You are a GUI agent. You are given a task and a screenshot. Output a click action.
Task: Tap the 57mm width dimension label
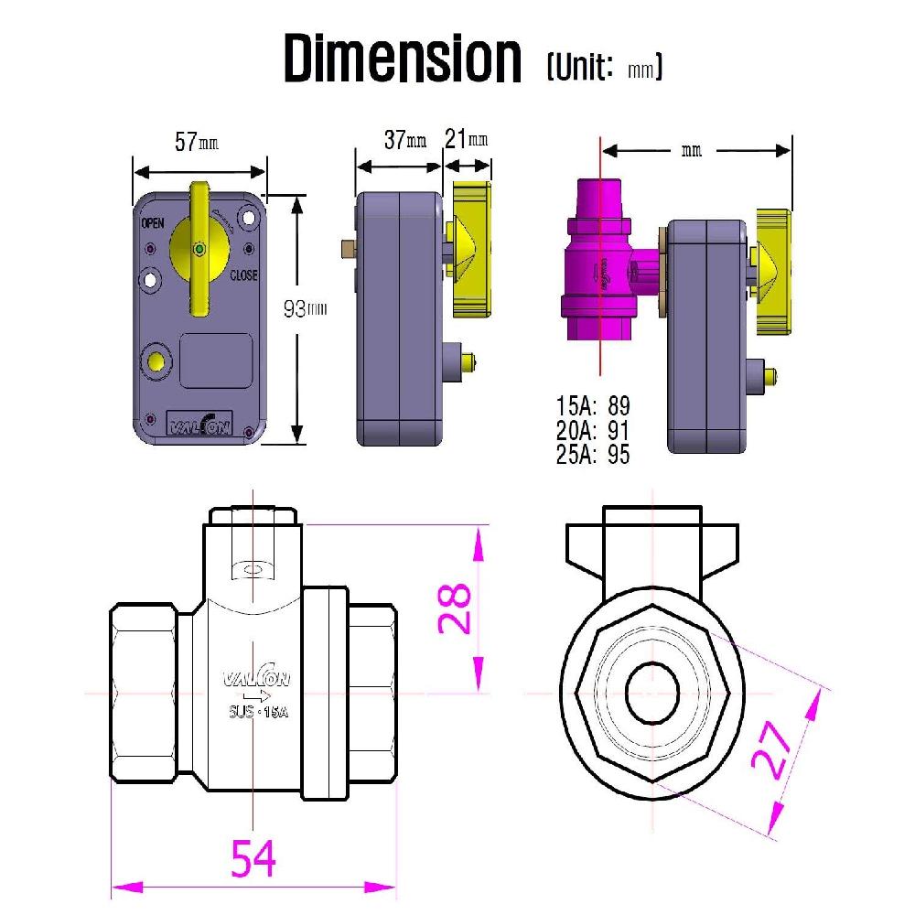(198, 143)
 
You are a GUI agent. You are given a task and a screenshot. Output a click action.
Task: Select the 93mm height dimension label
(304, 309)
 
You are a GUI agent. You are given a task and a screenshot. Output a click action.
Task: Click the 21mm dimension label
(466, 139)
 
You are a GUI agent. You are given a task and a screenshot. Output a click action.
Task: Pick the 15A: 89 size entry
(593, 406)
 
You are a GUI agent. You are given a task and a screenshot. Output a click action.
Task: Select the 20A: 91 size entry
(593, 430)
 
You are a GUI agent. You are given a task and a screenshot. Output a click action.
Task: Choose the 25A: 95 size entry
(593, 454)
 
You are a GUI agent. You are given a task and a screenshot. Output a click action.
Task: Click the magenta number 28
(455, 608)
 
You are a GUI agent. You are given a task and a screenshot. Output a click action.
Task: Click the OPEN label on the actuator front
(152, 224)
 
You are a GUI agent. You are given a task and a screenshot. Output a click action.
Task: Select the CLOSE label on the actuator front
(242, 275)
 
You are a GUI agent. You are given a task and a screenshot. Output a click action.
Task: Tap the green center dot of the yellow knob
(200, 249)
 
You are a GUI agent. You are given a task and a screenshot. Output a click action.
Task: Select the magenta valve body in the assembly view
(599, 265)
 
